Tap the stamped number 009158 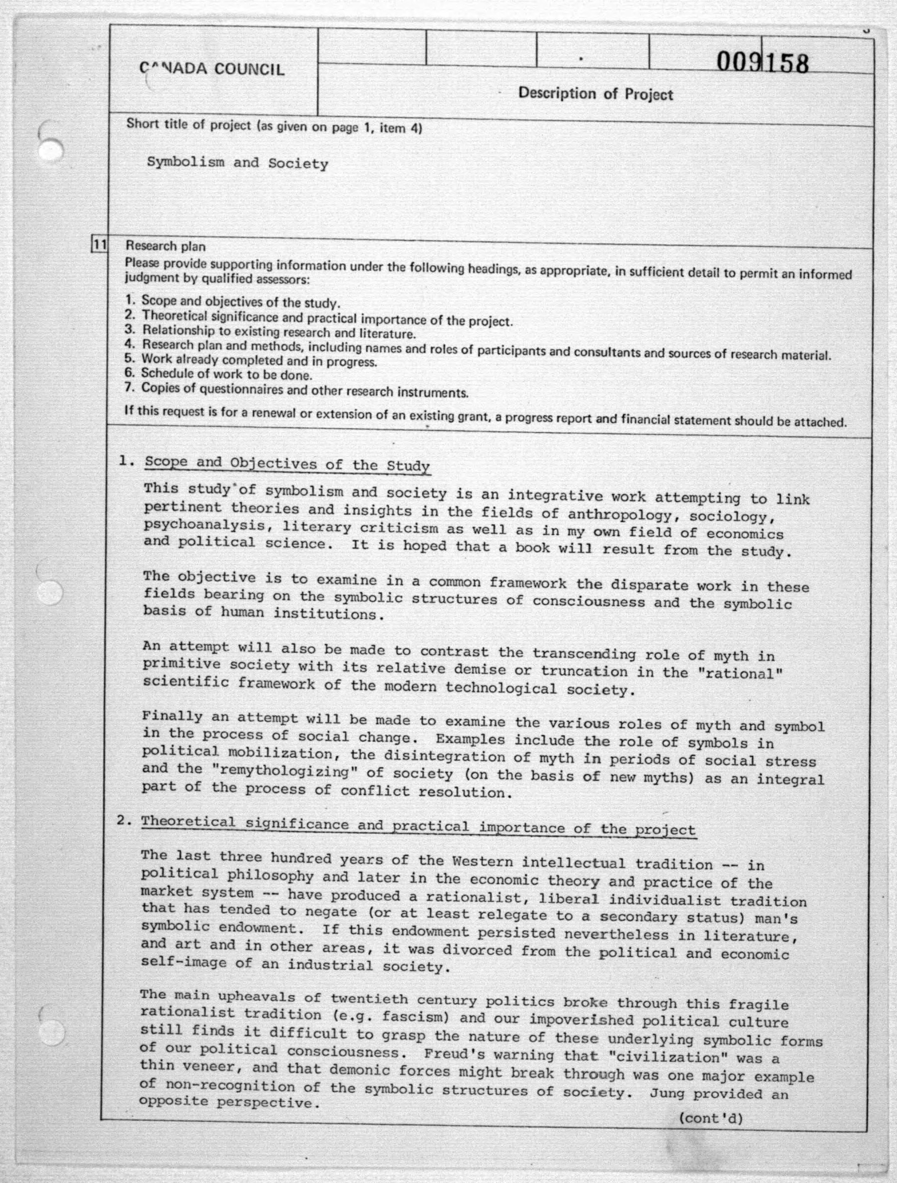(x=763, y=62)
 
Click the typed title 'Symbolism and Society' (x=237, y=163)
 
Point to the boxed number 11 (x=100, y=245)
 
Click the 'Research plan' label (x=165, y=246)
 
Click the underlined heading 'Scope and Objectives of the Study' (x=287, y=464)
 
